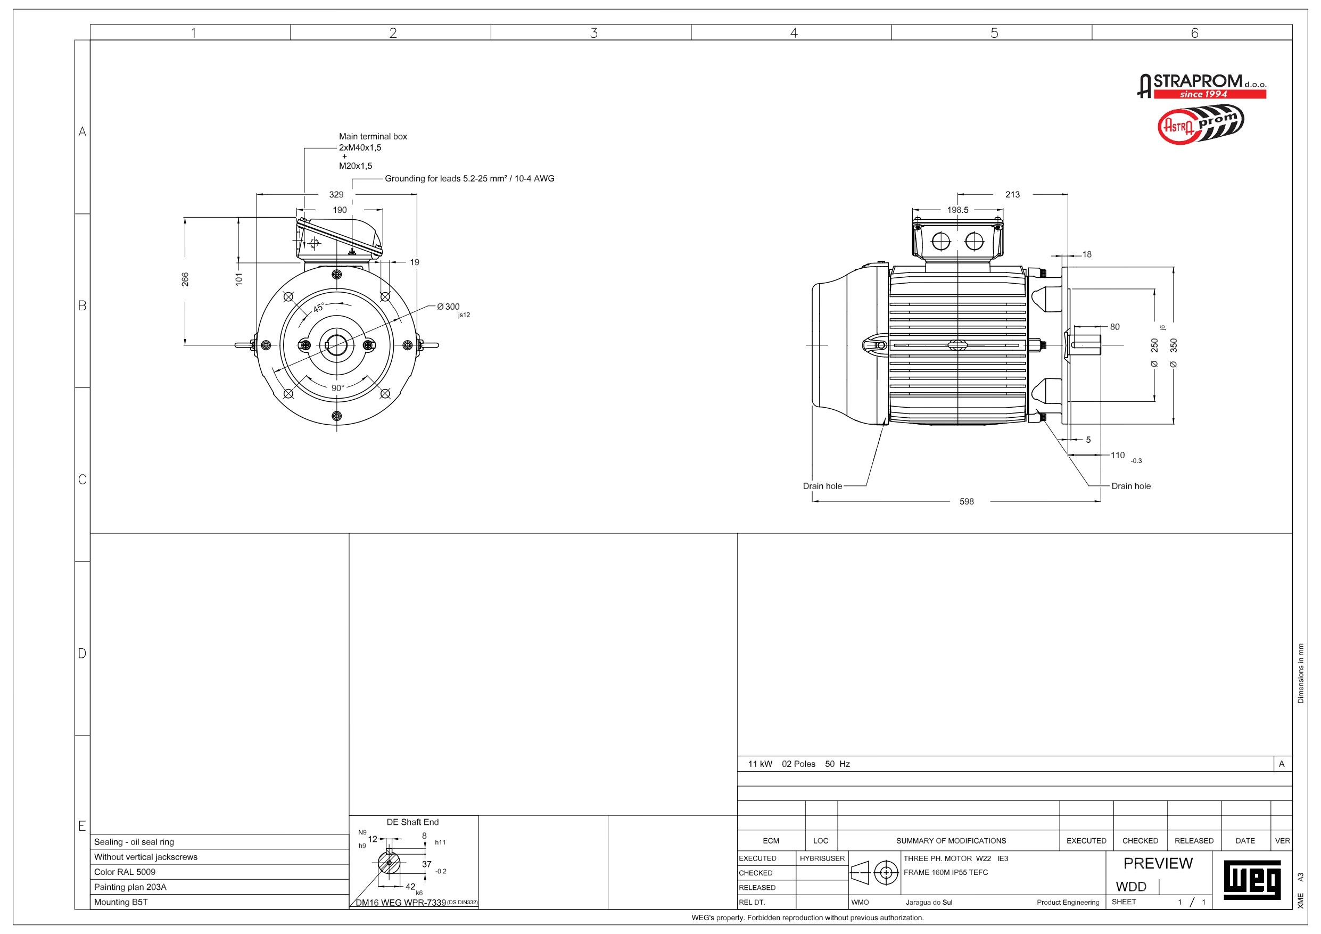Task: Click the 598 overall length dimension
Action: click(x=966, y=502)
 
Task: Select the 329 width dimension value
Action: click(x=336, y=194)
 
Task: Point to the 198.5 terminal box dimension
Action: click(x=957, y=210)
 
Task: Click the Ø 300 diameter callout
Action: click(x=449, y=307)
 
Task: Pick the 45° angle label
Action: click(x=318, y=309)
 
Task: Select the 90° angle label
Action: click(x=338, y=388)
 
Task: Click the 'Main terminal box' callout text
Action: click(x=372, y=136)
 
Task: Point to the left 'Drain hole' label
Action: click(x=822, y=486)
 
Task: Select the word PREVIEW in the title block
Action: click(x=1158, y=863)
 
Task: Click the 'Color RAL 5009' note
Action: click(x=125, y=872)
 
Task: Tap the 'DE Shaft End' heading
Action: click(x=412, y=822)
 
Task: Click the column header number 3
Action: click(x=594, y=33)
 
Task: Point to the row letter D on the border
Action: click(x=82, y=653)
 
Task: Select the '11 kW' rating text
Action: click(x=759, y=764)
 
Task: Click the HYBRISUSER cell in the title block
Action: click(x=822, y=858)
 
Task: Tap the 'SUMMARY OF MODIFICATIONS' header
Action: click(x=951, y=841)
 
